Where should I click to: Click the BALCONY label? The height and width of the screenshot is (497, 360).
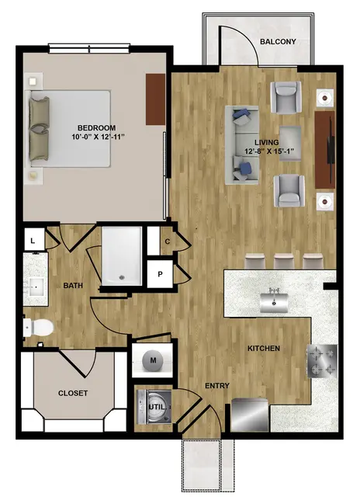pos(278,41)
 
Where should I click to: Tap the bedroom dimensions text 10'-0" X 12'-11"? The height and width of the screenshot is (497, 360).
pos(96,137)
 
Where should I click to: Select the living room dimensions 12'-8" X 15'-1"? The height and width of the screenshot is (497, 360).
pos(267,151)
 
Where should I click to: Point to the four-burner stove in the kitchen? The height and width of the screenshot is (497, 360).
pos(322,361)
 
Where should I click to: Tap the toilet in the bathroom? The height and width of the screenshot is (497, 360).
pos(38,328)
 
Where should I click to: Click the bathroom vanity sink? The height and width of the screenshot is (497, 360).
pos(36,287)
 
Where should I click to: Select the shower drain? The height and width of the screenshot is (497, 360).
pos(121,278)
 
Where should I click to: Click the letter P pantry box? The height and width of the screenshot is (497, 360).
pos(160,274)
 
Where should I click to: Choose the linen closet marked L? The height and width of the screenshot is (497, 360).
pos(33,241)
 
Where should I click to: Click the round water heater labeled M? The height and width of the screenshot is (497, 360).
pos(153,360)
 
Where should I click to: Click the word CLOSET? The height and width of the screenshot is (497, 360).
pos(73,394)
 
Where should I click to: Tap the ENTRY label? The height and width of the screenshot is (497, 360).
pos(217,386)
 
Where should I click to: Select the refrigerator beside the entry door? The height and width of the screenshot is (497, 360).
pos(250,415)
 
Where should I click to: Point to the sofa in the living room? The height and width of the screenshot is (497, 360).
pos(241,145)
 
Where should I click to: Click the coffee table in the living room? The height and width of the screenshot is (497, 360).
pos(290,144)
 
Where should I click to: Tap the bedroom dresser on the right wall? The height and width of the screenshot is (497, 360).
pos(155,99)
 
